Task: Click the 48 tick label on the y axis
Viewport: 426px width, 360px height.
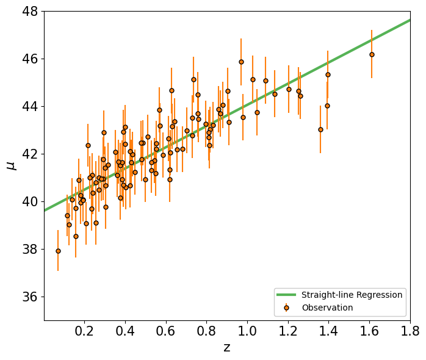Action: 30,12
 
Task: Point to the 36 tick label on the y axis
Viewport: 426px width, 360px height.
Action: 30,297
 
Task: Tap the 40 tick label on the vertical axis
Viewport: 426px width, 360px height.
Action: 30,201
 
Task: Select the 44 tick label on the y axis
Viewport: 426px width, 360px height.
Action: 30,107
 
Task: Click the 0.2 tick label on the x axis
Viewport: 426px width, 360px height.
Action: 84,331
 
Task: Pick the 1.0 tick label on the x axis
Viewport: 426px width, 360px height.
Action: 247,331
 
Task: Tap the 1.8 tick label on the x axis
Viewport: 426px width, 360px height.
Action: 410,331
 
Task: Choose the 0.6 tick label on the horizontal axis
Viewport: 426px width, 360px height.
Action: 166,331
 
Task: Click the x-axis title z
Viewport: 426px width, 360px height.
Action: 227,348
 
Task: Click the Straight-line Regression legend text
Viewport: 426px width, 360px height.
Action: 352,295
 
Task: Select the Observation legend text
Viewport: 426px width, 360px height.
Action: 327,308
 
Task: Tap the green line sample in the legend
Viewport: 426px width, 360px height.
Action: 286,295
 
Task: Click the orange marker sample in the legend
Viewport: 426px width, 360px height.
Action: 286,308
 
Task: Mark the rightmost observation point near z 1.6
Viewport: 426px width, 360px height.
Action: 372,55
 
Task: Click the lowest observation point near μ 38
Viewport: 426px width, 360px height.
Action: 58,251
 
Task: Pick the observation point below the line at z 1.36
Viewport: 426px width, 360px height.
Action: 320,129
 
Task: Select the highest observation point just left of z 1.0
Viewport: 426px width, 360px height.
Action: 241,62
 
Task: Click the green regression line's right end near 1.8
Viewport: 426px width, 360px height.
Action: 410,20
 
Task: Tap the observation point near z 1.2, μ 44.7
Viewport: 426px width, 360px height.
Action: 289,89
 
